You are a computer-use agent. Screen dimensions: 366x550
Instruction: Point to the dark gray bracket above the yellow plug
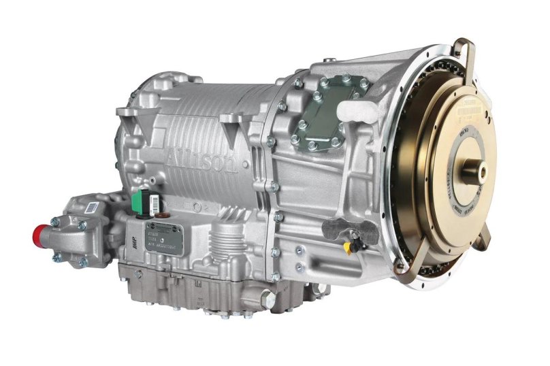click(x=344, y=229)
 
